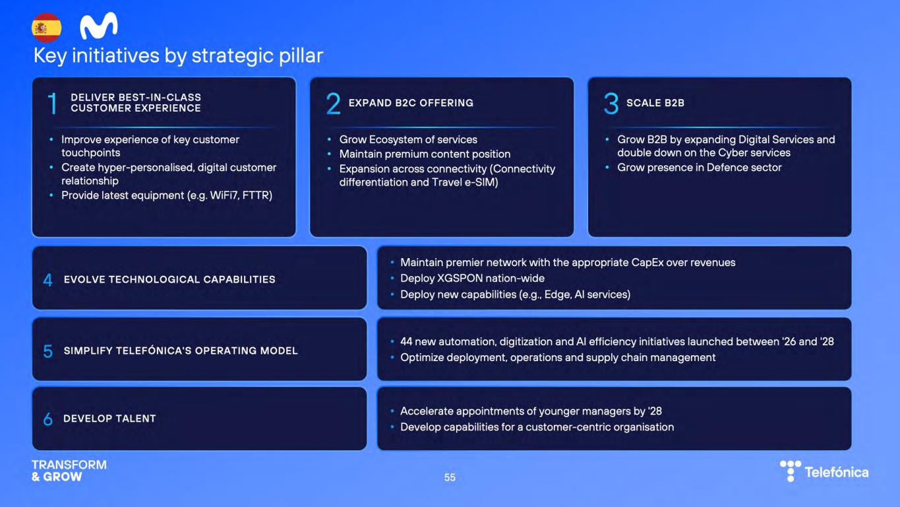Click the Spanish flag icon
pos(47,27)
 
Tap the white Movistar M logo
pos(99,26)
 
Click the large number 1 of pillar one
pos(52,103)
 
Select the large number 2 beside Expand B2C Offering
pos(333,103)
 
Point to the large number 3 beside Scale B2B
pos(611,103)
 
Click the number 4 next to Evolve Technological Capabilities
pos(48,280)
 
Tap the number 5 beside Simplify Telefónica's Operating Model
pos(48,351)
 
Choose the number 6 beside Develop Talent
pos(48,419)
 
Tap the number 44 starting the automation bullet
pos(406,341)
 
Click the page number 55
pos(450,478)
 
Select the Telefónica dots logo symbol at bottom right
pos(791,471)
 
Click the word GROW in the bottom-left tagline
pos(62,477)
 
